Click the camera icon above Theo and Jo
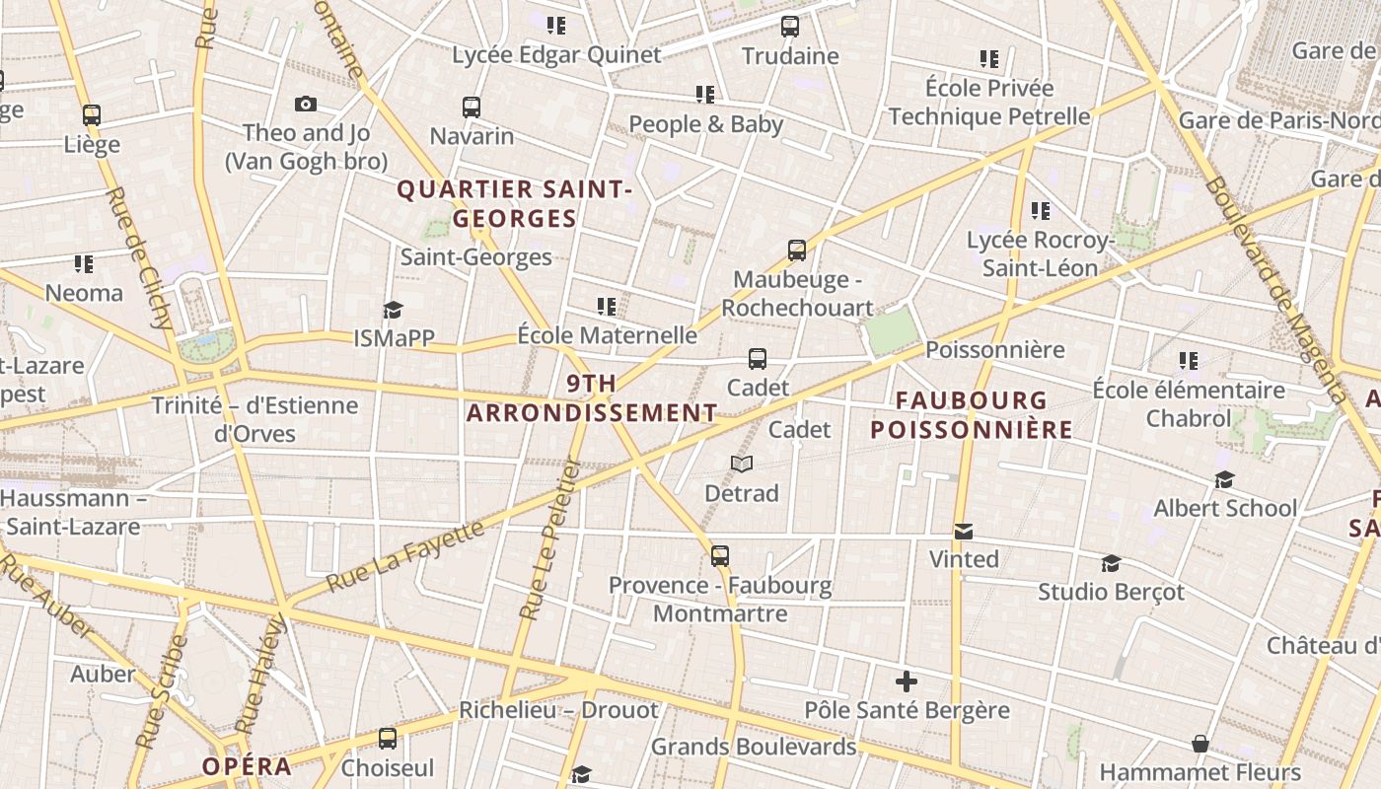306,104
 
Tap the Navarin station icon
472,107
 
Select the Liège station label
92,144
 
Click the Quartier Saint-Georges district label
513,203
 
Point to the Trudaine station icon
790,27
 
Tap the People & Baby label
705,124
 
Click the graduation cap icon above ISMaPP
394,310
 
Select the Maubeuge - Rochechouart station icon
797,251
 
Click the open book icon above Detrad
742,464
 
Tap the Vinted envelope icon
964,532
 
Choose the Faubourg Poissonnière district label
972,414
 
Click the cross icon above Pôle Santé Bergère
907,681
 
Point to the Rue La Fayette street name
405,556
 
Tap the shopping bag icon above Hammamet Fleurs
1200,743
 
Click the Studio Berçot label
1111,592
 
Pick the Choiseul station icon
388,738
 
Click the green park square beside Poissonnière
892,330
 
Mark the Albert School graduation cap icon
1225,479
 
